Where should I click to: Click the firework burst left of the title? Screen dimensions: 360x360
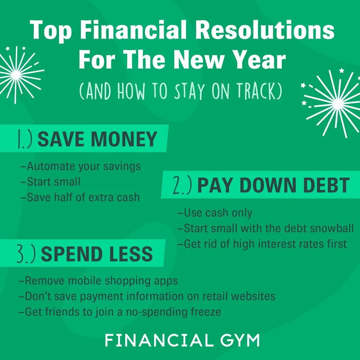tap(16, 74)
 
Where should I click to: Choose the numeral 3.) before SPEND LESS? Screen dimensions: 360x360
tap(26, 255)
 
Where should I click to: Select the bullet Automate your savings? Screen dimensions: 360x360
tap(81, 166)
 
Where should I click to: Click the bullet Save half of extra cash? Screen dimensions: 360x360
tap(80, 197)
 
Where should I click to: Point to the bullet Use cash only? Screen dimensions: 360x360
tap(215, 213)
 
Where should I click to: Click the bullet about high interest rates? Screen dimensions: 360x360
tap(262, 244)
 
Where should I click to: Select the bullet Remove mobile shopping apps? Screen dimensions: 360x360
tap(98, 281)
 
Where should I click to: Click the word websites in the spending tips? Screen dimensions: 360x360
tap(253, 296)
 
